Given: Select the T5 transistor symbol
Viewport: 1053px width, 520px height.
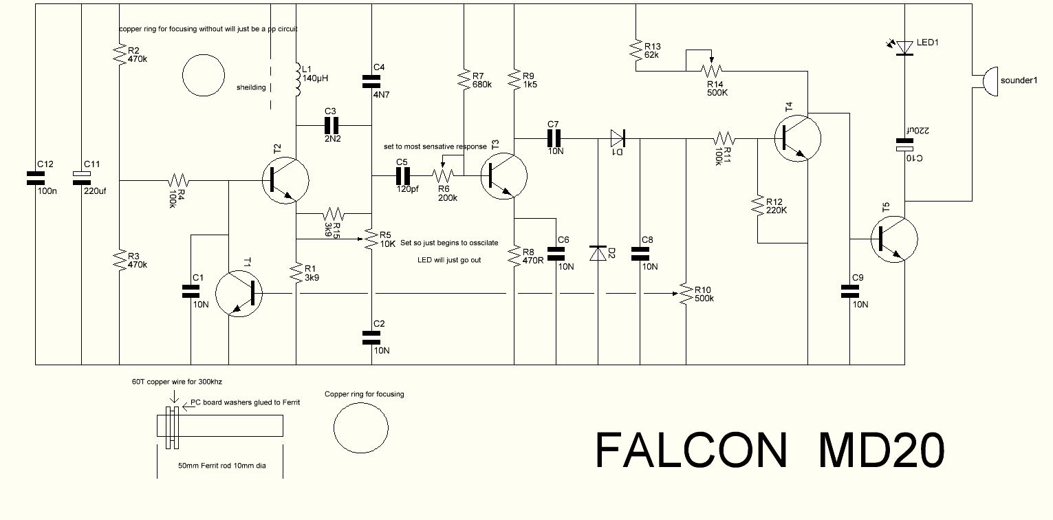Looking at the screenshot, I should [x=893, y=239].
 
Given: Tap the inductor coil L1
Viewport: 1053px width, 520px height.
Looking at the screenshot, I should [x=297, y=81].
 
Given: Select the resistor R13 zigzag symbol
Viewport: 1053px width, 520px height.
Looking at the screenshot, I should [x=635, y=50].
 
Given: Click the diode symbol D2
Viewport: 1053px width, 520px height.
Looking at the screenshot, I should [x=598, y=252].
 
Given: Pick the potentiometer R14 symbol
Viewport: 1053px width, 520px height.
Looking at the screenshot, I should [x=712, y=69].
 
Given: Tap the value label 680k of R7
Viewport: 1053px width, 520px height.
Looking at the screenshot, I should [x=482, y=85].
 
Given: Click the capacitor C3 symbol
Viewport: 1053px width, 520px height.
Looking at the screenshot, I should [x=332, y=125].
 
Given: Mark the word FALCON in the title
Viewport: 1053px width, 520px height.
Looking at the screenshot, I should [x=690, y=451].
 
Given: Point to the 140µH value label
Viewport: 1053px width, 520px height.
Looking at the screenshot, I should [x=316, y=78].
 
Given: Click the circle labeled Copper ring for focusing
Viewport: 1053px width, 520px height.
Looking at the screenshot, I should [x=360, y=426].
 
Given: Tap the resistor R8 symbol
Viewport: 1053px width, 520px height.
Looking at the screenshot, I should [x=514, y=255].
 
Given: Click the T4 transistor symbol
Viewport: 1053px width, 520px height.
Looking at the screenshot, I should [x=797, y=137].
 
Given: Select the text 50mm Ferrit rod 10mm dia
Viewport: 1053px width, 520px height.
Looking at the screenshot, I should [x=221, y=466].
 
